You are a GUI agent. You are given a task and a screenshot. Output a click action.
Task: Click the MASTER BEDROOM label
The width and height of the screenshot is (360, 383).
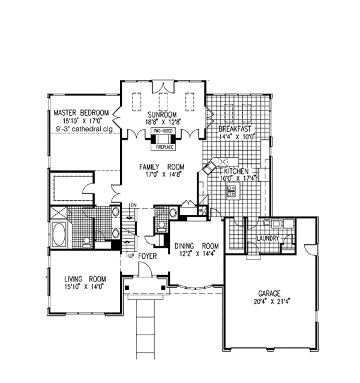click(81, 113)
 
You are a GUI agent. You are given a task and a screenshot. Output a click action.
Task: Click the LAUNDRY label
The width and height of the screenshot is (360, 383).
click(265, 238)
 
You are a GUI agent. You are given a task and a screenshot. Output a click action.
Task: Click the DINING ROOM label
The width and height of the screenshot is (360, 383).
click(197, 246)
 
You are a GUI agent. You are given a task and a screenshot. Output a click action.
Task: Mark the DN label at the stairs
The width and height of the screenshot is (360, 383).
click(134, 206)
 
